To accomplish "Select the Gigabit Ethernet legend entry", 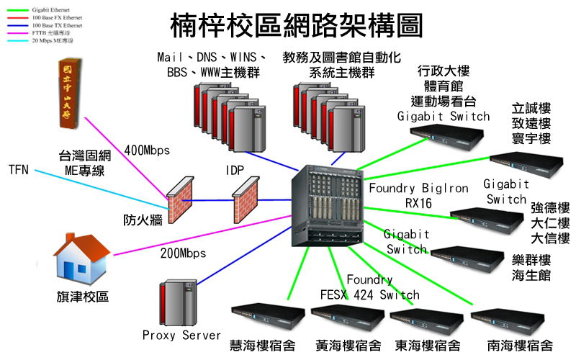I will coord(48,6).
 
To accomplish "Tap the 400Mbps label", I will coord(146,150).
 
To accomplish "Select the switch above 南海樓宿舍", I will coord(508,318).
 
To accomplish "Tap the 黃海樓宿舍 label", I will coord(348,346).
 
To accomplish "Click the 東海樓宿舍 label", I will coord(428,346).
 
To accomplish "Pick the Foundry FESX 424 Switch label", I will coord(369,287).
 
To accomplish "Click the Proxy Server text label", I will coord(181,336).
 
